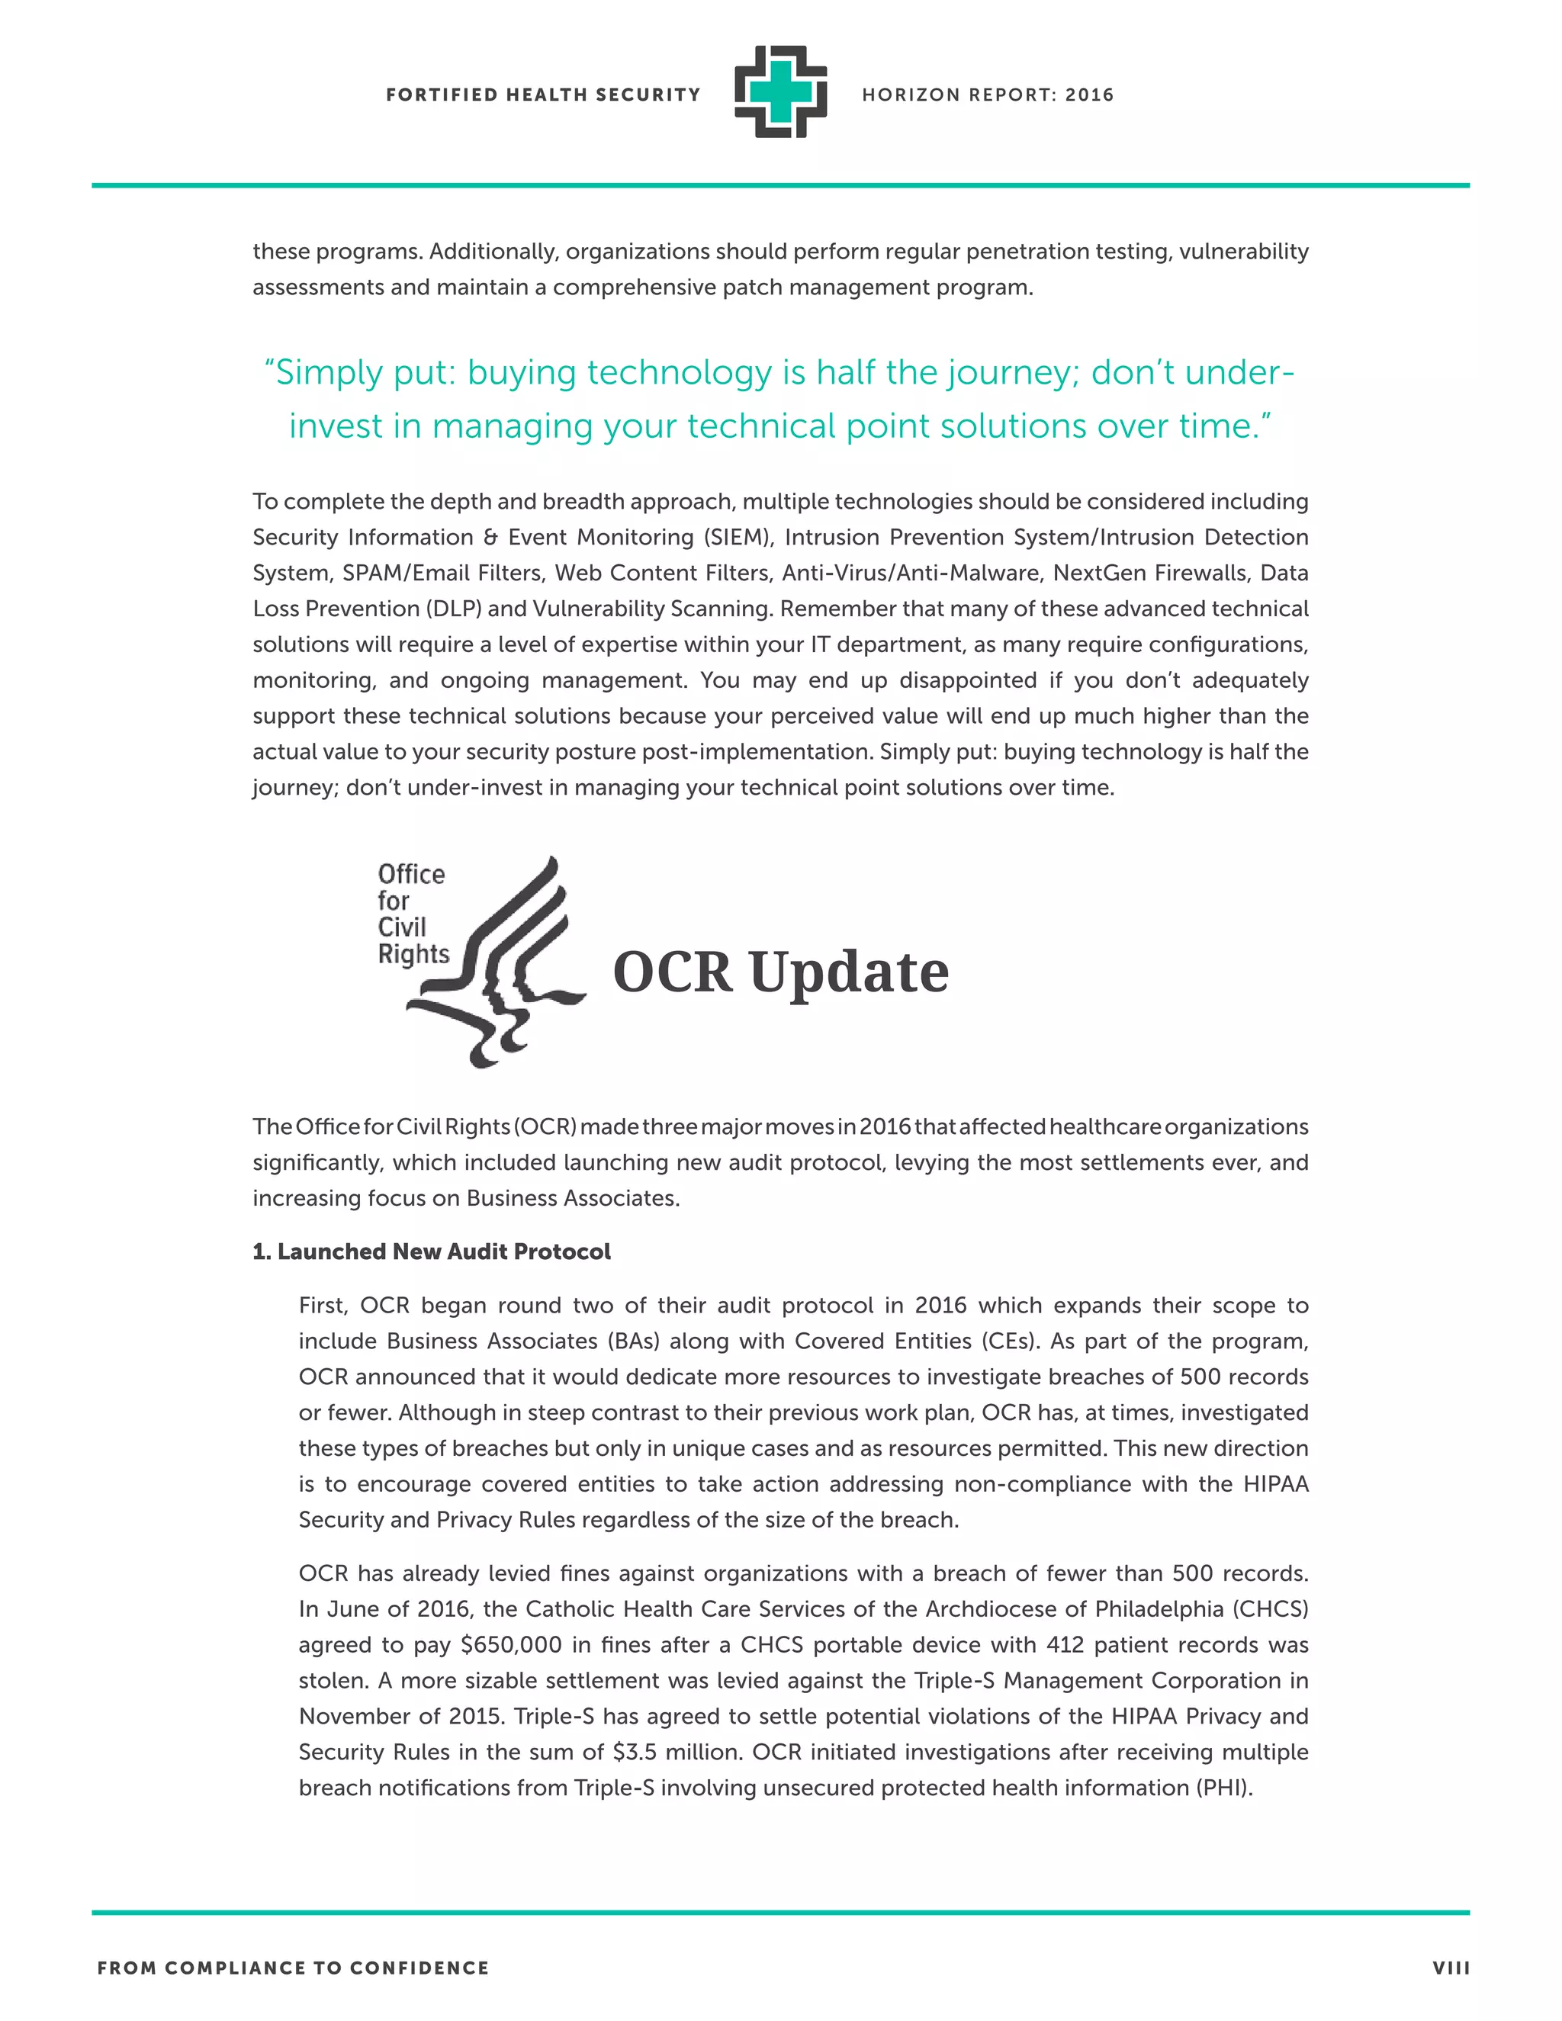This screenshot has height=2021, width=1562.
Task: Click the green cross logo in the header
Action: point(780,92)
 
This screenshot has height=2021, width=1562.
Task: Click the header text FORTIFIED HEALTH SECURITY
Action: point(543,95)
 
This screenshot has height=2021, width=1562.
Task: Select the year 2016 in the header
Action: point(1089,95)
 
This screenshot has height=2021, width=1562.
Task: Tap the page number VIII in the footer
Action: point(1451,1968)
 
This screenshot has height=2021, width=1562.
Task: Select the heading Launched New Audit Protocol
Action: point(432,1252)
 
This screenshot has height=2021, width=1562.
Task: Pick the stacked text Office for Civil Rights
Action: point(412,914)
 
